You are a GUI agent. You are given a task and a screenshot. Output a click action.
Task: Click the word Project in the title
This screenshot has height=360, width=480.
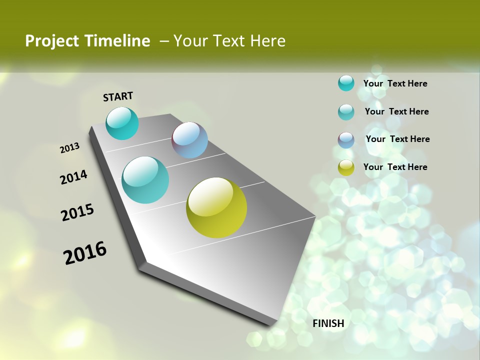[x=50, y=41]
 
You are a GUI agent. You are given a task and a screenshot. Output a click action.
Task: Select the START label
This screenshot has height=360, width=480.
[x=118, y=96]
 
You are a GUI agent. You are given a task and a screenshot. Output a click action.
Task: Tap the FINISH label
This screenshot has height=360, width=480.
[x=328, y=323]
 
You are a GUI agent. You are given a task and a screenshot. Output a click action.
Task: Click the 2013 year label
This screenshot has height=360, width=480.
[x=70, y=148]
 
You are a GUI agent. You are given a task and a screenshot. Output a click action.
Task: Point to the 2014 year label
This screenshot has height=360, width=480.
[x=74, y=177]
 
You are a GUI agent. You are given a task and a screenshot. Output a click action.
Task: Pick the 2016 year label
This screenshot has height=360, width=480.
[x=85, y=253]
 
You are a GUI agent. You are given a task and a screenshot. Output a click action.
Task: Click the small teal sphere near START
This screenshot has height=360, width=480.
[x=122, y=123]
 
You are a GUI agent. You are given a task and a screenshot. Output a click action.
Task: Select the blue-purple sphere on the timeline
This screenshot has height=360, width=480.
[x=190, y=140]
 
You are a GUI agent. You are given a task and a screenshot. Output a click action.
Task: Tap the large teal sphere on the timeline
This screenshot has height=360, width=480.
[x=145, y=180]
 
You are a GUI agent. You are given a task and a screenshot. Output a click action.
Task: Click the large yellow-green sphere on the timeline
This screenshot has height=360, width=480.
[x=216, y=207]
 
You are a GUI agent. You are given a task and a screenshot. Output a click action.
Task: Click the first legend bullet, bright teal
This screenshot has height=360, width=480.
[x=346, y=83]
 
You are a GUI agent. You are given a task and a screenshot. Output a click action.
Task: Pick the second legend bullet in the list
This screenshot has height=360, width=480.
[x=346, y=111]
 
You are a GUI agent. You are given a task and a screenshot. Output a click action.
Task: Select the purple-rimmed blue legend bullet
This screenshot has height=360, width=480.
[x=346, y=139]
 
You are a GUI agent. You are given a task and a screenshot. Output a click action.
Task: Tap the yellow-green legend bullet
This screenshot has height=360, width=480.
[x=346, y=167]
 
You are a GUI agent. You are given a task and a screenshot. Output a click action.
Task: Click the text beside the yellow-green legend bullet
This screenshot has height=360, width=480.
[x=395, y=167]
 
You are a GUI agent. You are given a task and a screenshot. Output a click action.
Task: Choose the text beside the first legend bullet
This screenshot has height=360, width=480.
[x=395, y=83]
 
